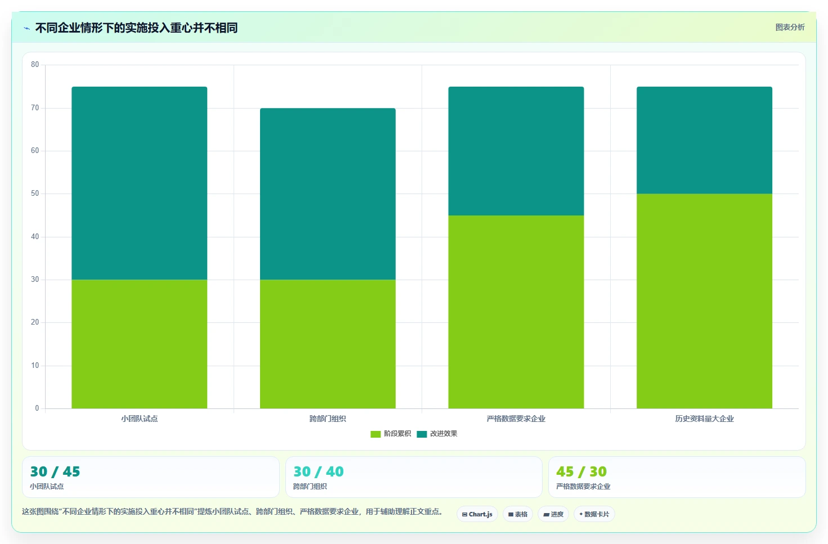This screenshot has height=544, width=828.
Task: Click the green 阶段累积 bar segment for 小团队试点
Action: pos(140,344)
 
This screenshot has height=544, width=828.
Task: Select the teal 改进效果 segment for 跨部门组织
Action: pos(328,194)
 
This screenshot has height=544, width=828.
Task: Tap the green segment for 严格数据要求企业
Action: pos(516,312)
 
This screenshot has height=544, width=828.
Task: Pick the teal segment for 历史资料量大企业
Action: pos(704,140)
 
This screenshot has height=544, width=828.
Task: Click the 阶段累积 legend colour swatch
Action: pos(375,434)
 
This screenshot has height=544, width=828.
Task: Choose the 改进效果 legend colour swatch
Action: pos(422,434)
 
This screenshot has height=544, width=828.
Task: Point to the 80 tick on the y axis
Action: pos(35,65)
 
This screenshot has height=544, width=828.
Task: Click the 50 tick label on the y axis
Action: pos(35,194)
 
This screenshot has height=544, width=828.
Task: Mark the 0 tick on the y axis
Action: pos(37,408)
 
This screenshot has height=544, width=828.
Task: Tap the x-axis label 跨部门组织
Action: pos(328,419)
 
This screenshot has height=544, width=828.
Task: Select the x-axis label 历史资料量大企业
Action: pos(704,419)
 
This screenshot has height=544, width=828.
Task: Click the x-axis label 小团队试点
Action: pos(140,419)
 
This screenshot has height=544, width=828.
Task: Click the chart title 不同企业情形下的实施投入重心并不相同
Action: pos(136,28)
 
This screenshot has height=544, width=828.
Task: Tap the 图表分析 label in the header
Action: pos(790,28)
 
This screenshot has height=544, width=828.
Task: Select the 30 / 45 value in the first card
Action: pos(55,471)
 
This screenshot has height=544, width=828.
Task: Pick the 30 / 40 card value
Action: pos(318,471)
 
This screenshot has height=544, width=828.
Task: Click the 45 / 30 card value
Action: pos(581,471)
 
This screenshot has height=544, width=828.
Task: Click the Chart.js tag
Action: pos(477,514)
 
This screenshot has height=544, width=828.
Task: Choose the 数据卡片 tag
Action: pos(594,514)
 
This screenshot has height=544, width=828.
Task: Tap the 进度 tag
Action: pos(553,514)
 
